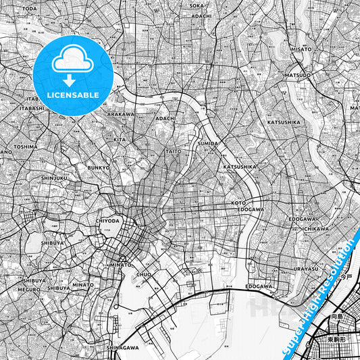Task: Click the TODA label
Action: [30, 9]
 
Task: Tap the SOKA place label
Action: [203, 9]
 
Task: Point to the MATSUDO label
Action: [298, 75]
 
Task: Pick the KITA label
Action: [120, 139]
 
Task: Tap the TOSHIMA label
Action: [25, 146]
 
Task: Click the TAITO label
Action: [174, 151]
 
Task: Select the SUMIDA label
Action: [207, 144]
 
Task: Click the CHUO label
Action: [145, 275]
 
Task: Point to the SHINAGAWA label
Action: [122, 347]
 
